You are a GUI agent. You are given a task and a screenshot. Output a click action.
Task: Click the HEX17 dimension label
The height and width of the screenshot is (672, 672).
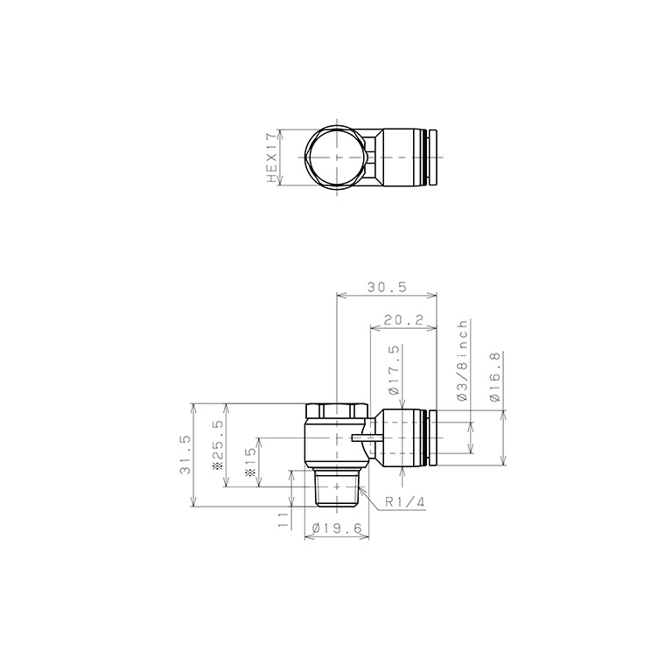click(272, 157)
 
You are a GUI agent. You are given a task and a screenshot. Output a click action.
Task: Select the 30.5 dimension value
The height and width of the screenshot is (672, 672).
click(387, 287)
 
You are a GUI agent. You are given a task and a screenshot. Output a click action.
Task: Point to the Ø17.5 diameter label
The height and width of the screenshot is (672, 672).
click(395, 370)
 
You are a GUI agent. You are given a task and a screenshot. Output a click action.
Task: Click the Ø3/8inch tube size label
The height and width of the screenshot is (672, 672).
click(462, 360)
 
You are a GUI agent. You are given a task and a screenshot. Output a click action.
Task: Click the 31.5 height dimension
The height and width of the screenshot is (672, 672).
click(185, 455)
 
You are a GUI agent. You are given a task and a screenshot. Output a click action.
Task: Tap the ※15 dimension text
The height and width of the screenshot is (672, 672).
click(251, 461)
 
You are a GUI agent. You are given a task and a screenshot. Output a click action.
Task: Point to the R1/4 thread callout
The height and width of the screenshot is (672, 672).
click(404, 502)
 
